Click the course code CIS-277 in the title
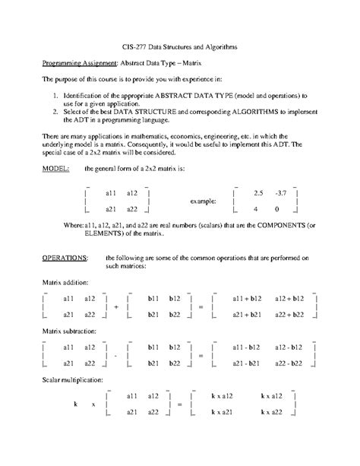[134, 46]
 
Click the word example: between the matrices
[203, 201]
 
